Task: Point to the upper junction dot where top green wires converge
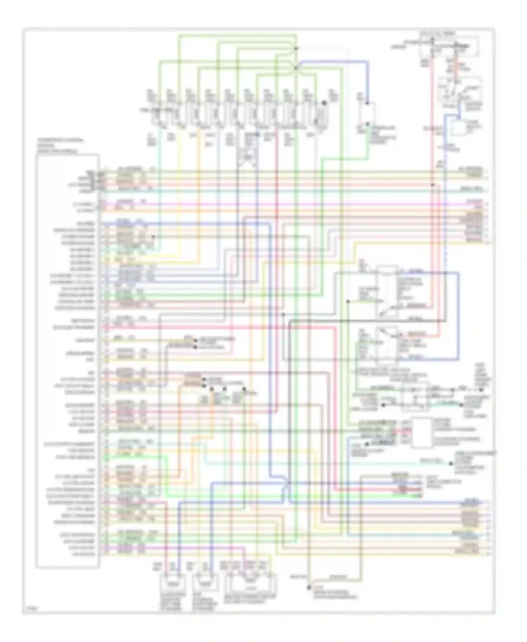tap(296, 48)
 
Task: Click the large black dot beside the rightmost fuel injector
tap(324, 103)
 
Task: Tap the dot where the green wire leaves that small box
tap(367, 124)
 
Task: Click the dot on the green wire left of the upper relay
tap(348, 302)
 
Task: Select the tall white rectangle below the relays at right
tap(422, 433)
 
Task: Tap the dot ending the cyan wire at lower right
tap(451, 464)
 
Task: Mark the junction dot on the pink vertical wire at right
tap(433, 185)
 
